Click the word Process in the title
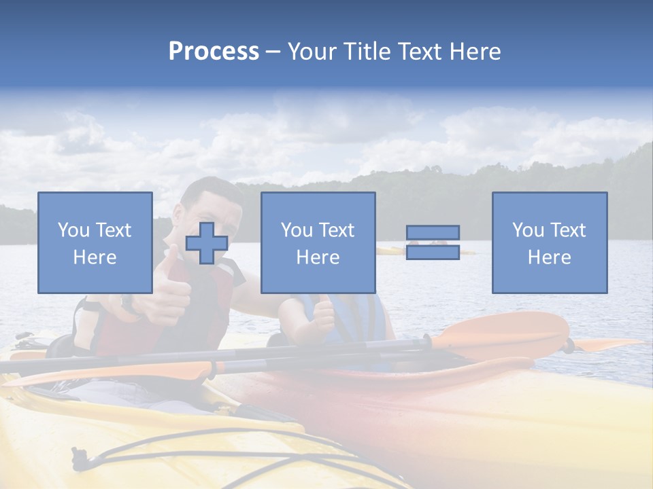coord(214,52)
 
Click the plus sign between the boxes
coord(207,243)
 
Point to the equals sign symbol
coord(433,242)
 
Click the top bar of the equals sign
coord(433,233)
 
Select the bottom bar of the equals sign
coord(433,252)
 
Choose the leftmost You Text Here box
coord(95,242)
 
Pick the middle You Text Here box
coord(318,242)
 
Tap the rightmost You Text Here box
coord(549,242)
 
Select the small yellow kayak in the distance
coord(390,251)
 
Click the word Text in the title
coord(420,52)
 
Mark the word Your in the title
coord(310,52)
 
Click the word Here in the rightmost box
coord(549,257)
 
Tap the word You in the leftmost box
coord(73,230)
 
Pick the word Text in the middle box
coord(337,230)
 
